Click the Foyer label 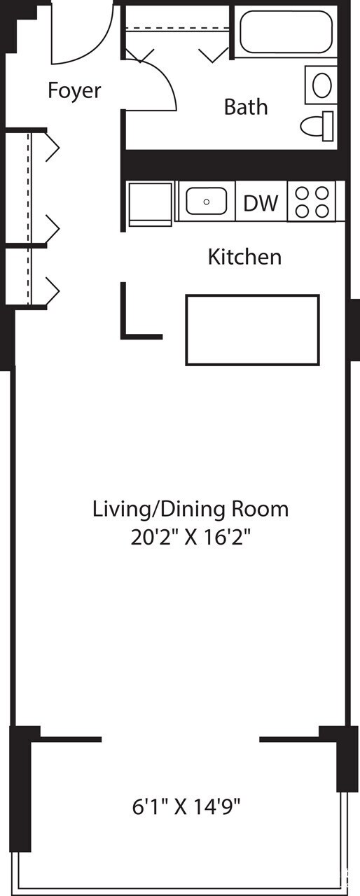click(74, 91)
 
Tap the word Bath click(245, 107)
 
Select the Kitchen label click(244, 257)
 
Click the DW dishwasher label click(261, 203)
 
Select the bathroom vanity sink click(321, 85)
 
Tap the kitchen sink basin click(206, 202)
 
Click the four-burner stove click(312, 202)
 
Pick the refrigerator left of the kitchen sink click(150, 203)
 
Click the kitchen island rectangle click(252, 330)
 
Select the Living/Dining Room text click(190, 509)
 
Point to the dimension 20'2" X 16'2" click(190, 540)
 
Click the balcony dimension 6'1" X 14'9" click(186, 807)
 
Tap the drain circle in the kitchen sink click(207, 202)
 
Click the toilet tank click(328, 126)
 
